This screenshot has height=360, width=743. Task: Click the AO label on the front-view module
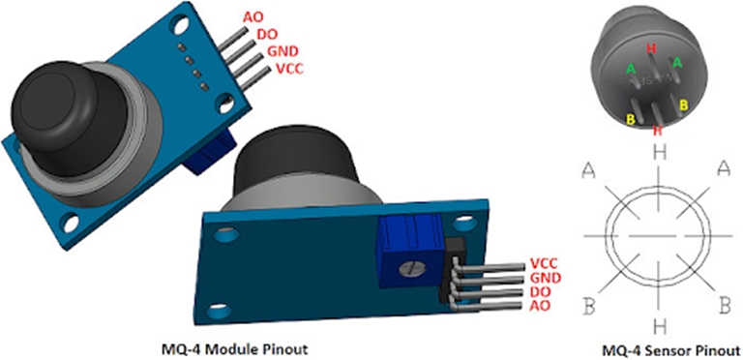coord(253,17)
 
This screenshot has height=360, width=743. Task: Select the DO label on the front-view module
coord(266,34)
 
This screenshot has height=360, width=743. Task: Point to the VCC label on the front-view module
coord(290,69)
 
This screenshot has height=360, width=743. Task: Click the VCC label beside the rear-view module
coord(543,263)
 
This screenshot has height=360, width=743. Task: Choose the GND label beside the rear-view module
coord(544,278)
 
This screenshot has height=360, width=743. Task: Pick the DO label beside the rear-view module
coord(540,292)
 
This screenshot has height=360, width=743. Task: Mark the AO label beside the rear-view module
coord(540,306)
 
